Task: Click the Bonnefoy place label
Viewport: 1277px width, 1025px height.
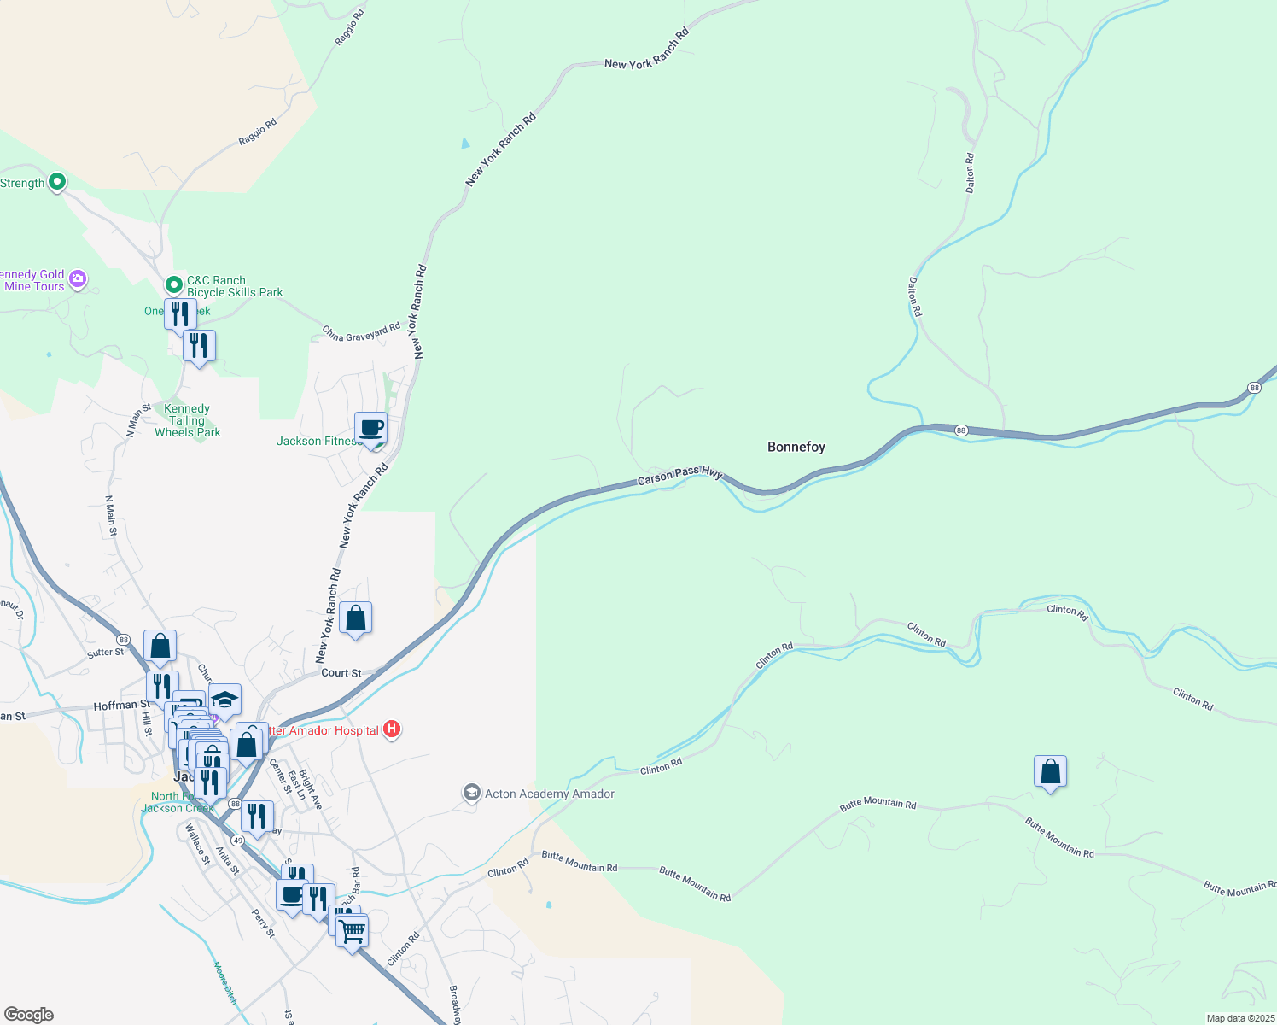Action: [796, 447]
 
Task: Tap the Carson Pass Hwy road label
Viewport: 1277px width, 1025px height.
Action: [679, 475]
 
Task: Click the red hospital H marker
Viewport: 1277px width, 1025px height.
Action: [392, 729]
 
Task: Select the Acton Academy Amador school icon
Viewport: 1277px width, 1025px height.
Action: [471, 794]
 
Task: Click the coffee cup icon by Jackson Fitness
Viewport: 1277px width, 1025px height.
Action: [371, 428]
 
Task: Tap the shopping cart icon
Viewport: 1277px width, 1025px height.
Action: [352, 931]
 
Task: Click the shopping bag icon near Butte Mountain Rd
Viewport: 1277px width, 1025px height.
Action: [1050, 772]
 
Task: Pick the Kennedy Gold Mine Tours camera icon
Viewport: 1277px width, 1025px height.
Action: [78, 278]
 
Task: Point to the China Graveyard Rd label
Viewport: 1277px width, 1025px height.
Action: [361, 332]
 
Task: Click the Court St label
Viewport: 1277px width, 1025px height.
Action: [341, 673]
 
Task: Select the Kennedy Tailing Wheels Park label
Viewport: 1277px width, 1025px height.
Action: [187, 421]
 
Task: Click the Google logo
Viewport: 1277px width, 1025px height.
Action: [29, 1015]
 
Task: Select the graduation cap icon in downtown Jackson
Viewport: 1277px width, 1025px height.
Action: [224, 700]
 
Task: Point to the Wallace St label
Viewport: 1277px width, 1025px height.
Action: [197, 844]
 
